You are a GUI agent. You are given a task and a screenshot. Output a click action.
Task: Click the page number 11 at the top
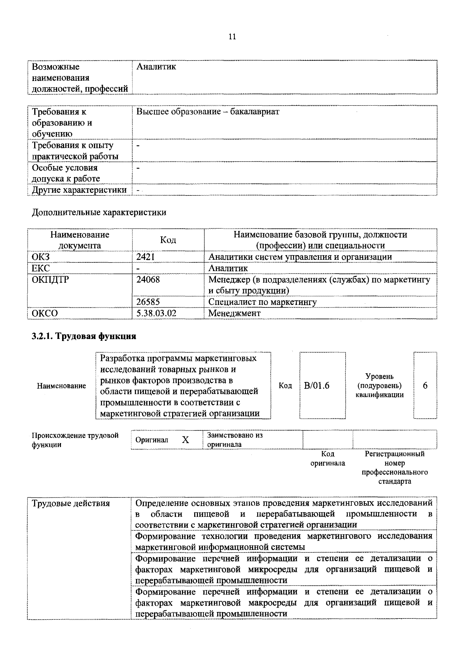(232, 37)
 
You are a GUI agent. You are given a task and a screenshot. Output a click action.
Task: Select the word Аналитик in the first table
(156, 67)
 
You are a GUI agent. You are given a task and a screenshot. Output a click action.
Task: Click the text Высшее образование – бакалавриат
(208, 112)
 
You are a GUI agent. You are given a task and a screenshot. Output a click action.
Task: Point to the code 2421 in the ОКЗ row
(146, 257)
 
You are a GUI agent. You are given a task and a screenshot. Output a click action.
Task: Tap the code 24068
(148, 279)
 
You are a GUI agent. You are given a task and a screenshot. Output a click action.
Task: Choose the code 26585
(148, 302)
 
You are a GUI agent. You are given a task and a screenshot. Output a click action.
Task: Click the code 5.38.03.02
(156, 313)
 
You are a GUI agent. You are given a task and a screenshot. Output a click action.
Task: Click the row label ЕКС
(41, 268)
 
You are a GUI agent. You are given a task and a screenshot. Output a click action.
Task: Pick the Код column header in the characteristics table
(168, 240)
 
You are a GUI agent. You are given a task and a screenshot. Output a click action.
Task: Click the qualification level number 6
(425, 386)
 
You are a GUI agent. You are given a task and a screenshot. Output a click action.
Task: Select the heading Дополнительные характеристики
(99, 212)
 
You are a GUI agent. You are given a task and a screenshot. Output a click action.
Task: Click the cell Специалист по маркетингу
(262, 302)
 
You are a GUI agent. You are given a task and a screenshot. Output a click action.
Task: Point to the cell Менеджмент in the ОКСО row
(234, 313)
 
